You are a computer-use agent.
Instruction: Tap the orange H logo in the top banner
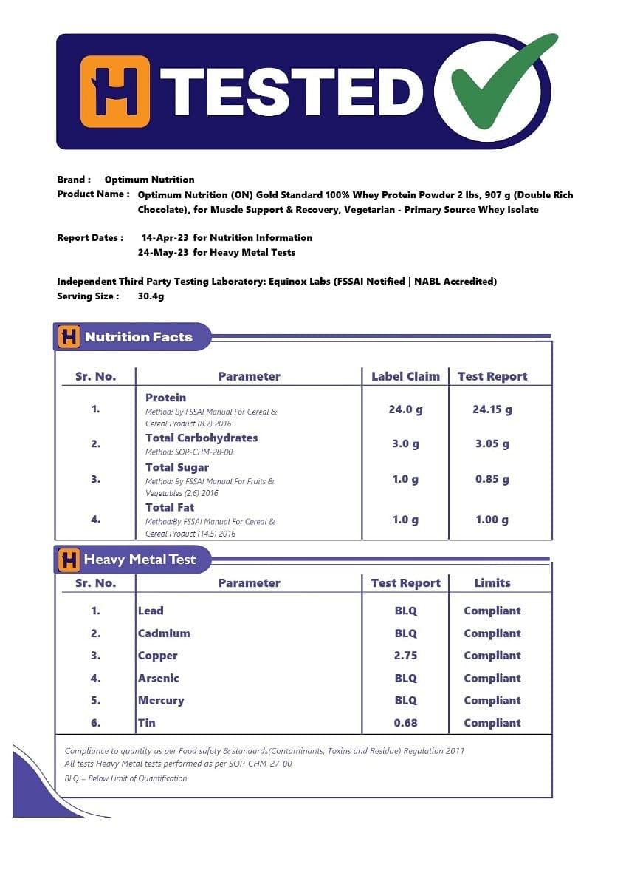click(x=114, y=92)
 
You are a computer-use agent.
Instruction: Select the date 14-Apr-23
click(x=165, y=238)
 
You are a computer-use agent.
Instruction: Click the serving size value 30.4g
click(x=151, y=296)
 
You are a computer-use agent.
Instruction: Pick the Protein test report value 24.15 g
click(x=492, y=409)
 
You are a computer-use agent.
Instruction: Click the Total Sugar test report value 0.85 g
click(x=492, y=479)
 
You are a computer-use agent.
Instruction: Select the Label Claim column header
click(x=405, y=376)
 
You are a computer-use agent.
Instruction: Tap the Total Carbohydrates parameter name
click(x=202, y=438)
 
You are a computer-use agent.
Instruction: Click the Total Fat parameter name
click(x=170, y=507)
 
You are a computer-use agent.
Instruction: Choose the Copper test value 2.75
click(x=405, y=656)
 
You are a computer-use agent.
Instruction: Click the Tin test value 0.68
click(x=405, y=723)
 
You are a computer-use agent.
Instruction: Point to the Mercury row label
click(x=161, y=701)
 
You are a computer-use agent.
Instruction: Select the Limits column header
click(x=492, y=583)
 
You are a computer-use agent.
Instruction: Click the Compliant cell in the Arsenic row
click(x=492, y=678)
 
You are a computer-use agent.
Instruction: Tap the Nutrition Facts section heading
click(x=139, y=337)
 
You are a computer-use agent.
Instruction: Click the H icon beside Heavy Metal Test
click(x=69, y=560)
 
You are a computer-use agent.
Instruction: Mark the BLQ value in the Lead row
click(x=405, y=611)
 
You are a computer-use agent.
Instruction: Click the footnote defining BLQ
click(x=126, y=778)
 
